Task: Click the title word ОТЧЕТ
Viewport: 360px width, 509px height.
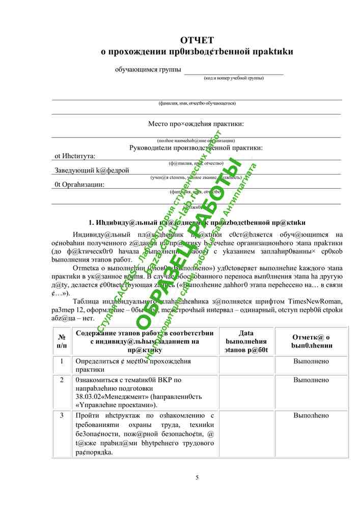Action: [197, 40]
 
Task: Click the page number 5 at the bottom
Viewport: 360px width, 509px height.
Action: [197, 477]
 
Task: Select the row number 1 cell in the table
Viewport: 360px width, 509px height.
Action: [61, 361]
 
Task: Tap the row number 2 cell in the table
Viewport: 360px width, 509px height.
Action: [61, 380]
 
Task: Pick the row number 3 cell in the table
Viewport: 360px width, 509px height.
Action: [61, 416]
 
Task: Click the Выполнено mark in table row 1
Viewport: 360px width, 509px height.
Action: [311, 361]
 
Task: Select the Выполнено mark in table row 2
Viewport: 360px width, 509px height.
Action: [311, 380]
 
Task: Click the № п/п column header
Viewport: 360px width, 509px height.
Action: [61, 341]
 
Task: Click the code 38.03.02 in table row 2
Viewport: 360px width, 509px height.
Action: [90, 397]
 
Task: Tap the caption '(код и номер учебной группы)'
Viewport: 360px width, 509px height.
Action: [234, 78]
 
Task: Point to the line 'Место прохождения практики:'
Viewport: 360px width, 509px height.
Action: [196, 124]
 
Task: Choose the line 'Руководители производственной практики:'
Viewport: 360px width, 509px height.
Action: [196, 148]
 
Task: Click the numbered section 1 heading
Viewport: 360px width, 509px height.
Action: [197, 222]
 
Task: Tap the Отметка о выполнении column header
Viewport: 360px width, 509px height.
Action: [311, 341]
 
